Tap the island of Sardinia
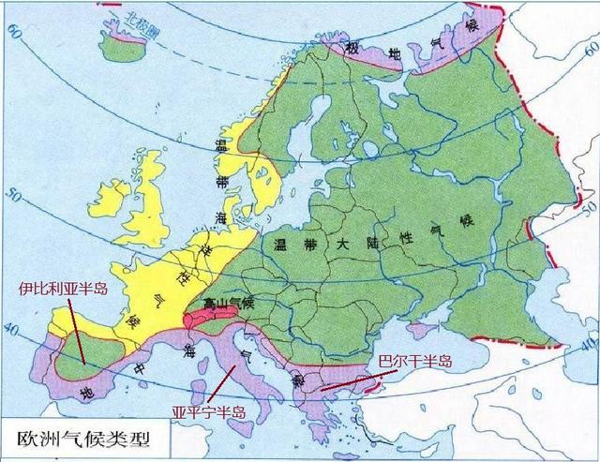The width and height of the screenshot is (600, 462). (x=187, y=383)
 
